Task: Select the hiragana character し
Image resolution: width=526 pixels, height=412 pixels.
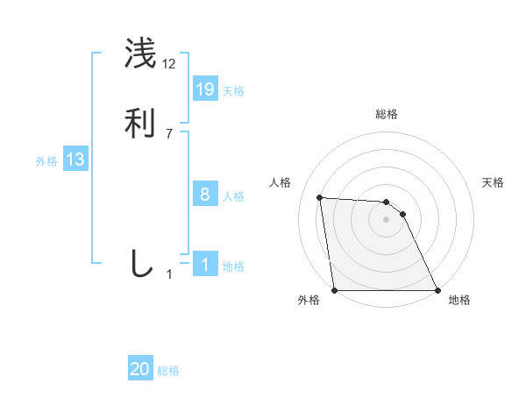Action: [140, 264]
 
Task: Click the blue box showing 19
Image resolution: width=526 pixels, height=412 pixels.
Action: [205, 89]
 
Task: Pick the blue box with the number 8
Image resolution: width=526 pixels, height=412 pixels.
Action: [205, 195]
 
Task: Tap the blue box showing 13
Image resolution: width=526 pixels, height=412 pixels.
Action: [75, 160]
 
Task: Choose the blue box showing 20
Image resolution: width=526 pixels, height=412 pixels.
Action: [140, 369]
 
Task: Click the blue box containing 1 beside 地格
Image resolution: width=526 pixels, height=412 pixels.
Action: [205, 265]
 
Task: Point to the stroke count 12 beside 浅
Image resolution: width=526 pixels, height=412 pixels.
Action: [169, 64]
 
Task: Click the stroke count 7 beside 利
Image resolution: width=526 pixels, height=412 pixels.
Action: [169, 134]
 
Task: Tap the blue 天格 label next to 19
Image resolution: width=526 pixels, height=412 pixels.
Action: [233, 91]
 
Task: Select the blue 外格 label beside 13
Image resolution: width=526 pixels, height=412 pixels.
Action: [46, 161]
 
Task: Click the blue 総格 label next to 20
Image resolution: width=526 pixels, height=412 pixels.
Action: [168, 371]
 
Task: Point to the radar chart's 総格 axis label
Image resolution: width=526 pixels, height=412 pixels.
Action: [386, 115]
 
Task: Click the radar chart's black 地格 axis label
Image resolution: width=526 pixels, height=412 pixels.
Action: [459, 301]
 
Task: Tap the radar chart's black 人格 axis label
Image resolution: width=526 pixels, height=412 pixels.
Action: [280, 182]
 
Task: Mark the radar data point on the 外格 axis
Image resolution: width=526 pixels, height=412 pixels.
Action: [334, 290]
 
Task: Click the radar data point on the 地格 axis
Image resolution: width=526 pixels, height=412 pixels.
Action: [437, 290]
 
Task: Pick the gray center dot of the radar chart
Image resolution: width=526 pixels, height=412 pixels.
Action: [386, 219]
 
